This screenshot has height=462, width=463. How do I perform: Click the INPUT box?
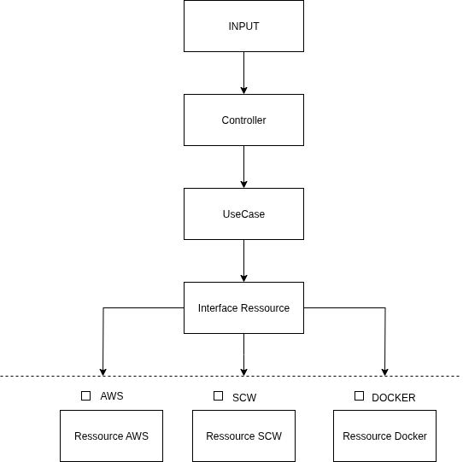tap(243, 26)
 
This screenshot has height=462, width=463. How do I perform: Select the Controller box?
tap(243, 120)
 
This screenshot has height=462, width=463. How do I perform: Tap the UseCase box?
tap(243, 213)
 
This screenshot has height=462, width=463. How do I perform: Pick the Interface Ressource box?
tap(243, 307)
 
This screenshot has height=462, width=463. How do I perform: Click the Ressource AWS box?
tap(111, 436)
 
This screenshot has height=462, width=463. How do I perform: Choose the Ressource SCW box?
tap(243, 436)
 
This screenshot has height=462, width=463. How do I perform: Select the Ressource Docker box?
tap(384, 436)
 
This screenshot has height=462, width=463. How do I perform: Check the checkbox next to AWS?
tap(85, 396)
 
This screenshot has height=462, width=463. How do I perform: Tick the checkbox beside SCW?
tap(218, 396)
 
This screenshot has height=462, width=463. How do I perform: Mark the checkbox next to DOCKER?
tap(359, 396)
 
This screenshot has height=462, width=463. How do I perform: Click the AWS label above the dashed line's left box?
tap(112, 396)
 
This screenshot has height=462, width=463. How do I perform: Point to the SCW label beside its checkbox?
tap(244, 398)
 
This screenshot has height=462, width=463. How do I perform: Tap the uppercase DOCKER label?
tap(394, 398)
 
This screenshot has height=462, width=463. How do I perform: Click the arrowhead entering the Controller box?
tap(243, 91)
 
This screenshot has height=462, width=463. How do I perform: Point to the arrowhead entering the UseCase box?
tap(243, 184)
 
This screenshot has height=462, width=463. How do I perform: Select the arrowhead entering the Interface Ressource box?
tap(243, 278)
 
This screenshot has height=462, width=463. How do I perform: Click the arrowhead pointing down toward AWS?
tap(103, 372)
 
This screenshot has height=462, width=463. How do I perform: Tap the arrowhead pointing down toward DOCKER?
tap(384, 372)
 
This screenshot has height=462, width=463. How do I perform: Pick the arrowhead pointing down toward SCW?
tap(243, 372)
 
